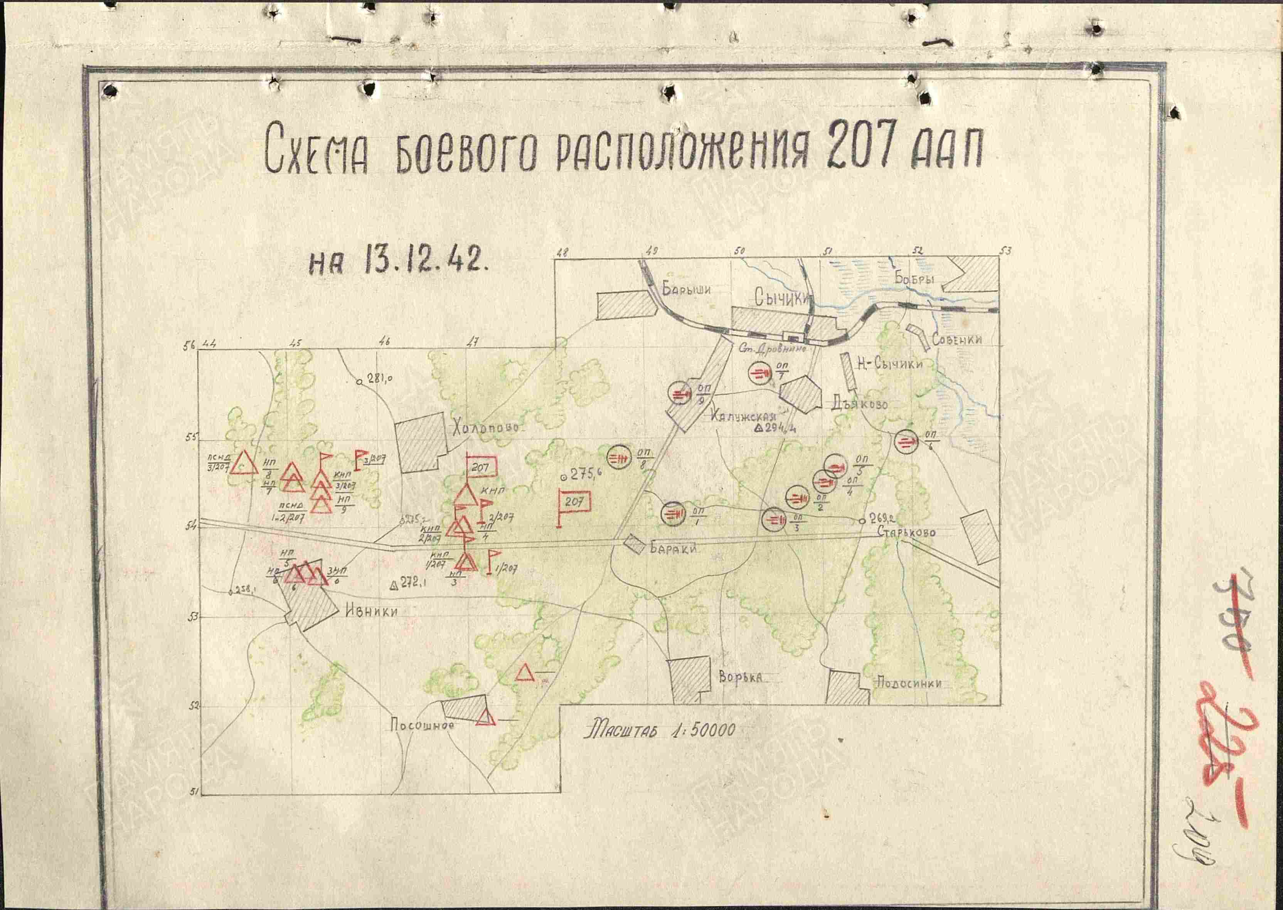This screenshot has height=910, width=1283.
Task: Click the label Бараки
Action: (x=673, y=549)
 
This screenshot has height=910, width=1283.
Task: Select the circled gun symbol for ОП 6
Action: (x=905, y=443)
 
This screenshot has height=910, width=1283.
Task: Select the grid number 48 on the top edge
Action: (x=561, y=253)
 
